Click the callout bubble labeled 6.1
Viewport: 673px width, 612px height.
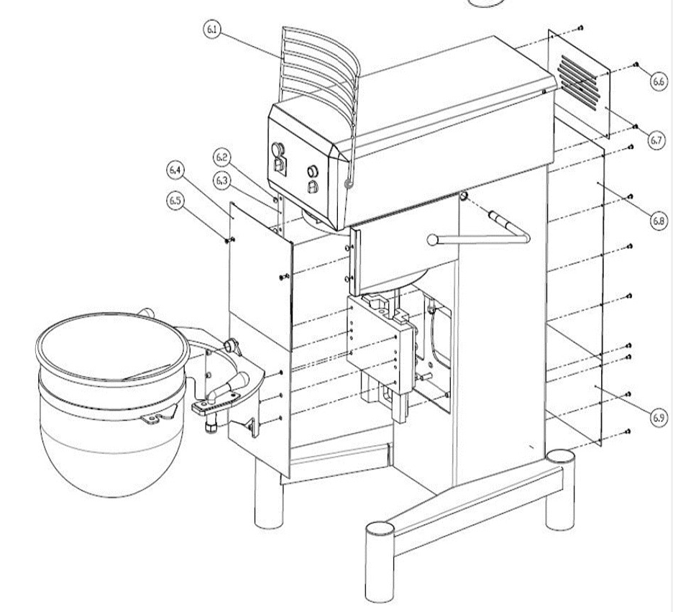coord(211,32)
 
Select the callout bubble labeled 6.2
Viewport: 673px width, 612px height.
coord(222,156)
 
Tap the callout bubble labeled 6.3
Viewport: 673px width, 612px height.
coord(222,179)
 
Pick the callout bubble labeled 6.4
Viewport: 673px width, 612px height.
coord(175,170)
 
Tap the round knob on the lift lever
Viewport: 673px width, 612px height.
coord(431,239)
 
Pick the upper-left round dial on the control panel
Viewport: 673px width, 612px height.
coord(277,150)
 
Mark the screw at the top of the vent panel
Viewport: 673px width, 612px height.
coord(580,28)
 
